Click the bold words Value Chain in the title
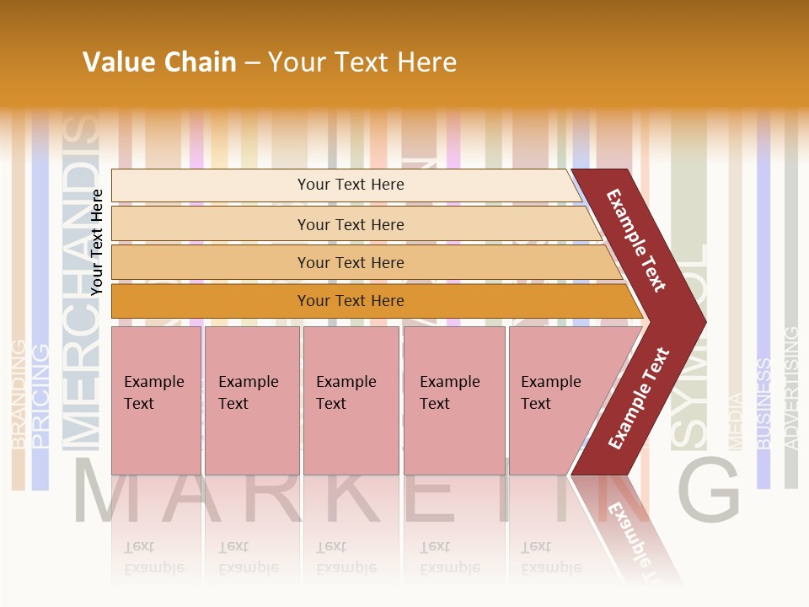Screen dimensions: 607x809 point(159,62)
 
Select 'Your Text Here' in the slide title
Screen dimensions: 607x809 point(362,62)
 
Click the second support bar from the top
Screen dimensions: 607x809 point(350,224)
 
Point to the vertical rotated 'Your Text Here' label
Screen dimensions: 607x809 point(97,242)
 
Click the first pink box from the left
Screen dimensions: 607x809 point(156,400)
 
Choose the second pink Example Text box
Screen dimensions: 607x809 point(251,400)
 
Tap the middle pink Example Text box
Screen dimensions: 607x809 point(351,400)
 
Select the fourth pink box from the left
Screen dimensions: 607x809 point(453,400)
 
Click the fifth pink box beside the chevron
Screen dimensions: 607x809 point(556,400)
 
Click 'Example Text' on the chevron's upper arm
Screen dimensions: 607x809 point(636,240)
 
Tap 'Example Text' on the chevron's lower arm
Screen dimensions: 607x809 point(639,398)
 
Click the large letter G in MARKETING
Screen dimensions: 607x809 point(708,492)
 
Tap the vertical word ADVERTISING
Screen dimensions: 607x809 point(790,388)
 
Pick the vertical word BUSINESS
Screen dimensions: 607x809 point(763,403)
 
